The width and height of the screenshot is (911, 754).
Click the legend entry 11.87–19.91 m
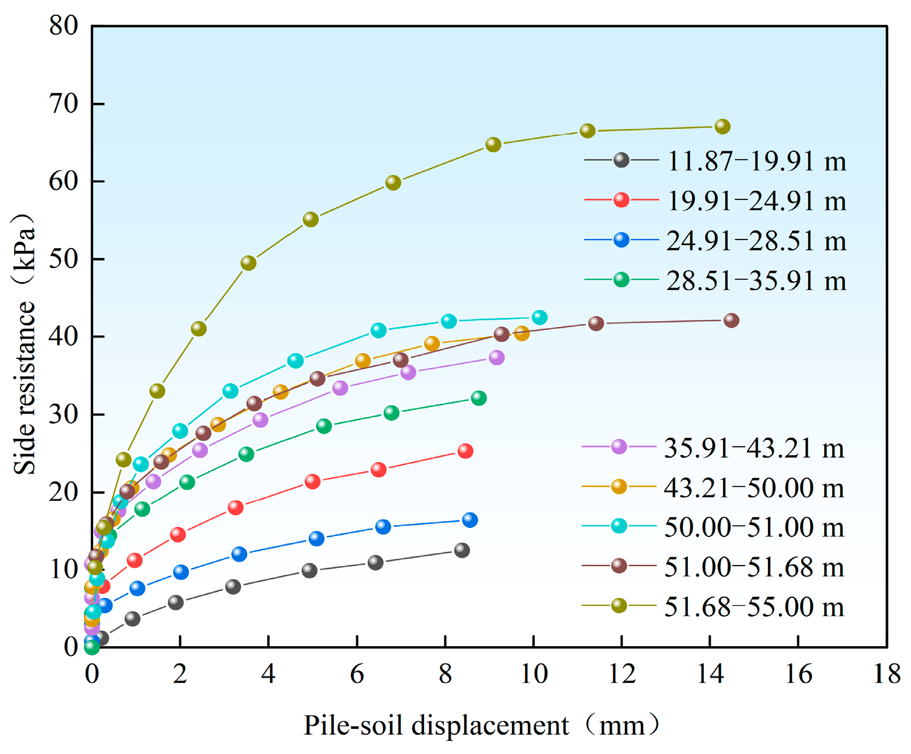coord(756,161)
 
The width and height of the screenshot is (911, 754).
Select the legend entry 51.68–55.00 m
coord(754,607)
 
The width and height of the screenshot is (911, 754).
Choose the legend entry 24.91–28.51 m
coord(756,241)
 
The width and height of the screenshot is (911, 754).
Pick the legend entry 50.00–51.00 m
coord(754,527)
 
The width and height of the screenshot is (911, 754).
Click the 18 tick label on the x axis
coord(887,675)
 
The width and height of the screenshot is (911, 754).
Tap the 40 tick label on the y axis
coord(64,337)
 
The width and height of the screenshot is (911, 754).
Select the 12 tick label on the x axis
coord(622,675)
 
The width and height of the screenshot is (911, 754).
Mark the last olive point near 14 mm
coord(723,127)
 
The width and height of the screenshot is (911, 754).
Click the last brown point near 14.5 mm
coord(732,320)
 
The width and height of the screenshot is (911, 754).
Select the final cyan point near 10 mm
coord(540,317)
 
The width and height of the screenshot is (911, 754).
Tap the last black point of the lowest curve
coord(462,550)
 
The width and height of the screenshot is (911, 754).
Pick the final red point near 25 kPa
coord(465,451)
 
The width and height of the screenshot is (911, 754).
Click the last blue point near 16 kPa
coord(470,520)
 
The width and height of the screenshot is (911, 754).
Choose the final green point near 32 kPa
coord(479,398)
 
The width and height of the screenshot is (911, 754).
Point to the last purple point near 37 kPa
coord(497,357)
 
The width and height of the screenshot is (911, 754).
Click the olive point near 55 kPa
coord(310,219)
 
